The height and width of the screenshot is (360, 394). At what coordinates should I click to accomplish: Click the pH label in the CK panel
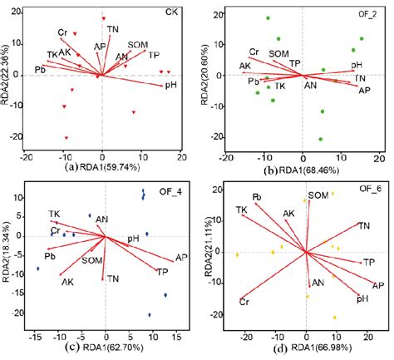coord(171,84)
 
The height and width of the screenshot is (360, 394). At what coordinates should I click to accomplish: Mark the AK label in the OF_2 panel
coord(245,66)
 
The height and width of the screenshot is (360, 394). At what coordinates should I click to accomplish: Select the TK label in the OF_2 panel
coord(280,86)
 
